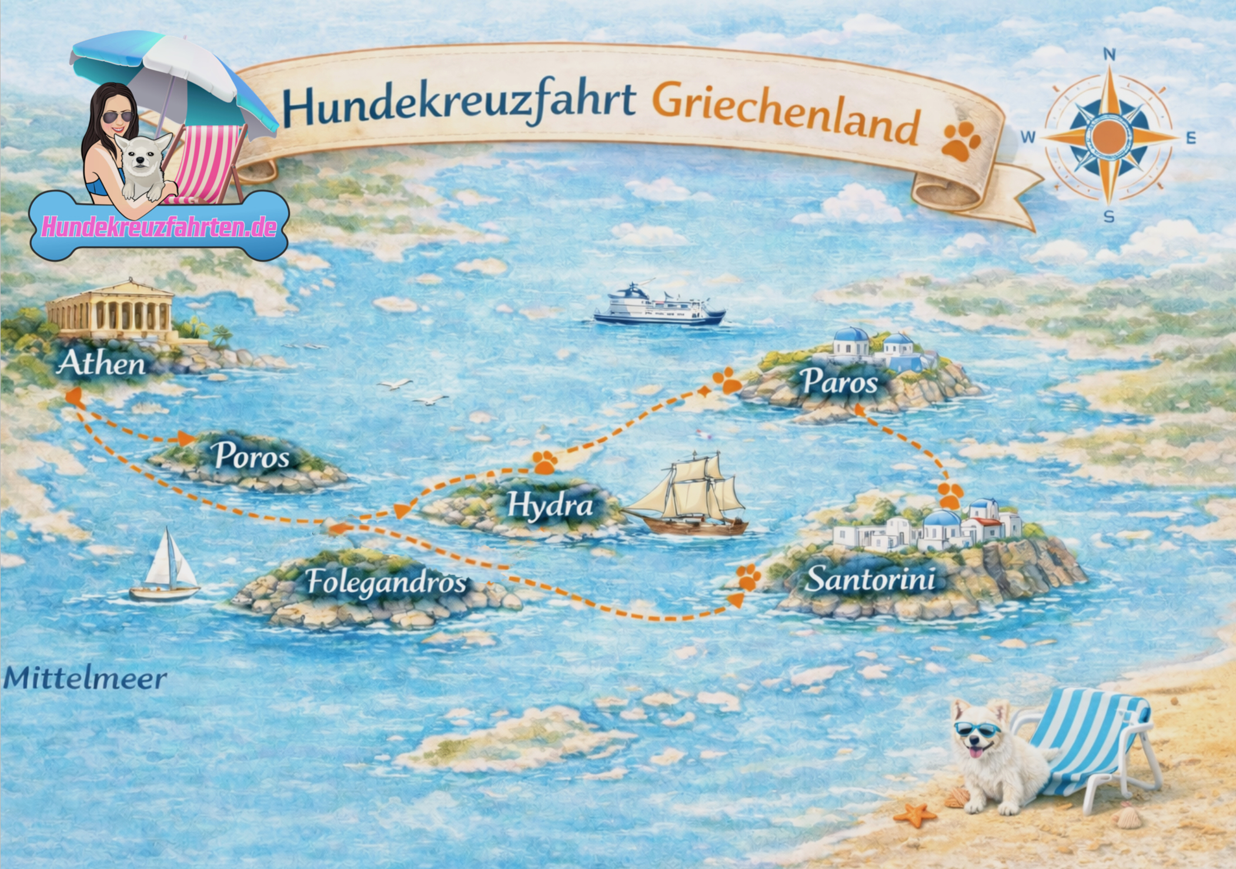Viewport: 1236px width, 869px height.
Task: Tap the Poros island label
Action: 252,456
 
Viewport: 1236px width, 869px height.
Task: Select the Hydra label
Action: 550,505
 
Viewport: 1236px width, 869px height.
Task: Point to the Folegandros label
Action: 386,582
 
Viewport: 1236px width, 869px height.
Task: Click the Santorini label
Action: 870,579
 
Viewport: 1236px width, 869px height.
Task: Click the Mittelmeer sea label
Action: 85,679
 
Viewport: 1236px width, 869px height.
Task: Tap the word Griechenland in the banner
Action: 785,115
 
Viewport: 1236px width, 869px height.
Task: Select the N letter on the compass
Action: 1109,55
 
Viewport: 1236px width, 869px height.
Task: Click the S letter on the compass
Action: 1108,217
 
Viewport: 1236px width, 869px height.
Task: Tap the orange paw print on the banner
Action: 960,142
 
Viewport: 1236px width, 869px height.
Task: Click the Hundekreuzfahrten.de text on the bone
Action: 159,227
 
